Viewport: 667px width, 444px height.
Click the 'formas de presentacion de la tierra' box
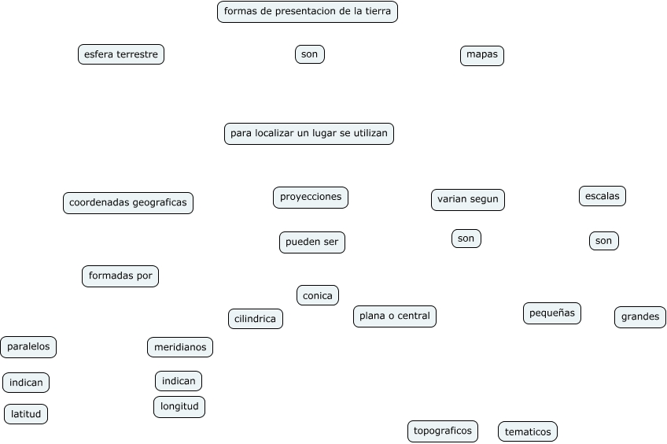[x=308, y=12]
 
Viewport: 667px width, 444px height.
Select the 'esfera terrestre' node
[x=121, y=54]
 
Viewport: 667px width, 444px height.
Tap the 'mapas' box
[x=482, y=55]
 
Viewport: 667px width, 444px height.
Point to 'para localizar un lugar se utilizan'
[x=309, y=134]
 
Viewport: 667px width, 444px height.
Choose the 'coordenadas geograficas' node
[x=128, y=203]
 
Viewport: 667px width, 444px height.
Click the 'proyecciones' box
[x=311, y=197]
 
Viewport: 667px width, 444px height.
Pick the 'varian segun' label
[x=468, y=200]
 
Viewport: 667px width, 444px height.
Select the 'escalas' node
[x=603, y=196]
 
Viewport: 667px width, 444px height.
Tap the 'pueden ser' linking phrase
[x=312, y=242]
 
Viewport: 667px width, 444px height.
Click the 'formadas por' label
[x=120, y=276]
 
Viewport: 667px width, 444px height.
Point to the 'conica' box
[x=318, y=295]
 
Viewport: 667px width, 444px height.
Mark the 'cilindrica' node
[x=256, y=319]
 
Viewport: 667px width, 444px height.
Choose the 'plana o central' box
[x=395, y=316]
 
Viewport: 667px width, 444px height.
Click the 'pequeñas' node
[x=552, y=313]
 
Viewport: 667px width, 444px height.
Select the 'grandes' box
[x=640, y=317]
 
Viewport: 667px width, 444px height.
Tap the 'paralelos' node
[x=29, y=346]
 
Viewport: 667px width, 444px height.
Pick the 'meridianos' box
[x=180, y=347]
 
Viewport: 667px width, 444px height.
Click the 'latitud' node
[x=26, y=414]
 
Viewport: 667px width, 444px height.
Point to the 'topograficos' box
[x=443, y=431]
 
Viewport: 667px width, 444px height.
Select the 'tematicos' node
[x=528, y=431]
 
